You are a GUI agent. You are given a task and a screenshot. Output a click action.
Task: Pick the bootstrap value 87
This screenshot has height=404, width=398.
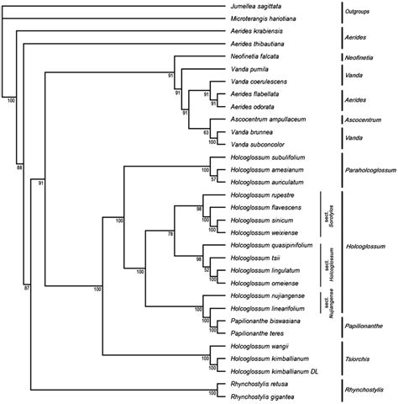pyautogui.click(x=26, y=289)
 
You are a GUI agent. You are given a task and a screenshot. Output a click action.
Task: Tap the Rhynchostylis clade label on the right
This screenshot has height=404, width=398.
pyautogui.click(x=367, y=389)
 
